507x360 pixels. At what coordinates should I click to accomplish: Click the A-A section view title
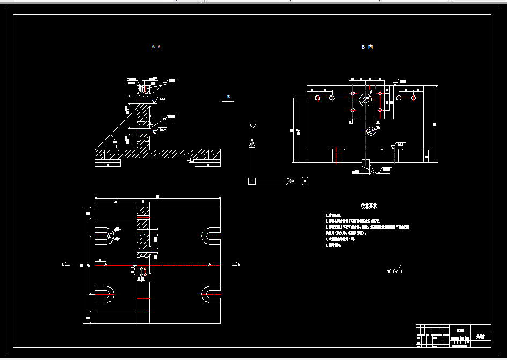tap(156, 47)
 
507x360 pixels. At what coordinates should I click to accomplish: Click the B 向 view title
tap(367, 47)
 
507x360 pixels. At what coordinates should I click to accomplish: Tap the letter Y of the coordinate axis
tap(253, 128)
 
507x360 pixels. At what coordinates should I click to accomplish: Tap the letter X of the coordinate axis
tap(305, 181)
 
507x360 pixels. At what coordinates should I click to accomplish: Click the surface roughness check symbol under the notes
tap(394, 271)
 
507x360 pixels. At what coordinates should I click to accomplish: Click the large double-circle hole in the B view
tap(366, 99)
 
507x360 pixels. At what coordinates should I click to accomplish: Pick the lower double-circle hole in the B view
tap(371, 130)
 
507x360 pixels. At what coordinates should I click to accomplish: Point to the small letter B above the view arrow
tap(228, 97)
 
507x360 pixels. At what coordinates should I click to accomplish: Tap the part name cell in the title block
tap(480, 337)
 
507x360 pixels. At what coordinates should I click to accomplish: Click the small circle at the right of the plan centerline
tap(210, 265)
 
